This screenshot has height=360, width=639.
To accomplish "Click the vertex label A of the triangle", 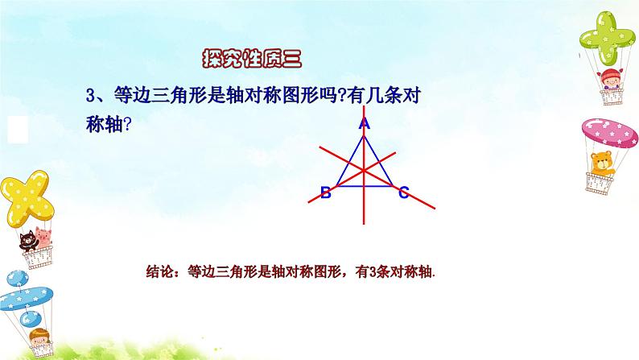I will (x=364, y=124).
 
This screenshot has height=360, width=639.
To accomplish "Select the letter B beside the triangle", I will (x=325, y=192).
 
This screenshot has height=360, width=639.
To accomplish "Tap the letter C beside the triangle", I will (x=403, y=192).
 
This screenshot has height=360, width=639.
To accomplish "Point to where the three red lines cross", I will (x=364, y=170).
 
